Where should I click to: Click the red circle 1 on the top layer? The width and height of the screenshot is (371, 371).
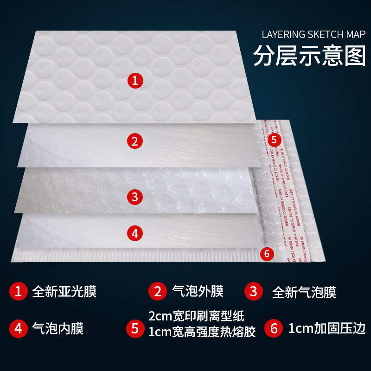[134, 81]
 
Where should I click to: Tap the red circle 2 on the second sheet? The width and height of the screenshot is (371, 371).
[134, 141]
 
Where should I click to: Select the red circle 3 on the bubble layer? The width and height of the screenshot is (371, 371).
[134, 197]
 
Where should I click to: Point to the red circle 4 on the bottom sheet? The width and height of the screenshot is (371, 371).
[134, 234]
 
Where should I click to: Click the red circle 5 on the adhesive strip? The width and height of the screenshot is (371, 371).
[274, 140]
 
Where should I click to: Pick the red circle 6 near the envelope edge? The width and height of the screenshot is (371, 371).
[267, 254]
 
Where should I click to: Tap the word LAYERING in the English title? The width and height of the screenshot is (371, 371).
[283, 35]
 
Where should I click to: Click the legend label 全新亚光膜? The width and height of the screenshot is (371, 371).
[64, 292]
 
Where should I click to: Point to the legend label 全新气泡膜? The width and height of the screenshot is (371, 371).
[304, 292]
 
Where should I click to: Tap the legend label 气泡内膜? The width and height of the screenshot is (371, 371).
[58, 328]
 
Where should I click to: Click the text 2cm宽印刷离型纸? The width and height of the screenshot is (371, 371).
[196, 317]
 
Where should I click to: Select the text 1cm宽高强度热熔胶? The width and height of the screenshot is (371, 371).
[202, 333]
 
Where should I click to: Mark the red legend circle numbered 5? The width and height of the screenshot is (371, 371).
[135, 329]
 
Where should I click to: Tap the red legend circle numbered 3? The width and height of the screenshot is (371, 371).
[253, 291]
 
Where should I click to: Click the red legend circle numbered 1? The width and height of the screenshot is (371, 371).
[19, 292]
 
